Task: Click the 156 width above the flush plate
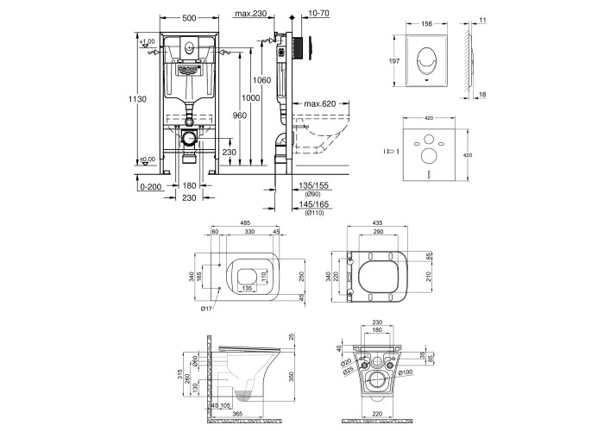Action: coord(427,24)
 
